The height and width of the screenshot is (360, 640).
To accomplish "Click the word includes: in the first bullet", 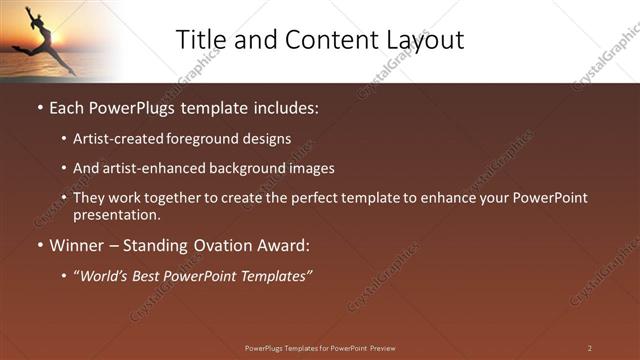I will coord(283,107).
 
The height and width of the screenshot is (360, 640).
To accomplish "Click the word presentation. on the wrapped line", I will coord(117,215).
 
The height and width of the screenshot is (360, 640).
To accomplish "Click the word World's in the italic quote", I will coord(102,276).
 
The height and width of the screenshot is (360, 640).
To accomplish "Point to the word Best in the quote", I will coord(148,276).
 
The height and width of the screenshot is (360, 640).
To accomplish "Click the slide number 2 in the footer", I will coord(590,348).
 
